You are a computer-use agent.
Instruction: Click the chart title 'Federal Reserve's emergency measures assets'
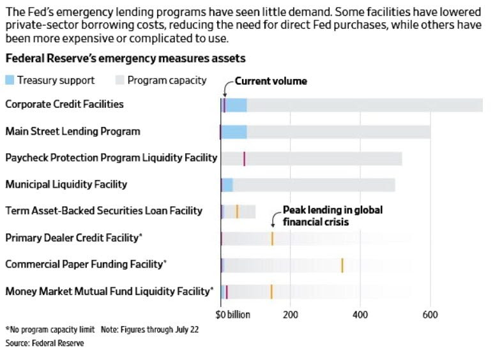tap(126, 58)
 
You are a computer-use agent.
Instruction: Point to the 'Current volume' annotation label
tap(271, 81)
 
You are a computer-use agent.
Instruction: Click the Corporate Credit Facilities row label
tap(65, 104)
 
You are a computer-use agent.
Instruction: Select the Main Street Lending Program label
tap(73, 131)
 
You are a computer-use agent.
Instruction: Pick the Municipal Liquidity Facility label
tap(66, 184)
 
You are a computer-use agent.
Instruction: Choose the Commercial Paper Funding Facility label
tap(86, 264)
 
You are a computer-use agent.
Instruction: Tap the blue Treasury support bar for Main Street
tap(234, 131)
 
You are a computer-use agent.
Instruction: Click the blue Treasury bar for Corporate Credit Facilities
tap(236, 105)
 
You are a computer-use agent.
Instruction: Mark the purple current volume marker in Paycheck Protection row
tap(244, 158)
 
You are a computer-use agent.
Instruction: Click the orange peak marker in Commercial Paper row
tap(342, 265)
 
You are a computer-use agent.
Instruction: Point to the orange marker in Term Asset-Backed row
tap(237, 211)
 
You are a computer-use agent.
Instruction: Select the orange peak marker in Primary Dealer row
tap(272, 238)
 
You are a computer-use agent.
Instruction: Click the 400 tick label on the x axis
tap(360, 315)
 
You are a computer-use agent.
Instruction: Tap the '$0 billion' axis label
tap(234, 315)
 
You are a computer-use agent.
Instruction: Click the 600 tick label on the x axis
tap(430, 315)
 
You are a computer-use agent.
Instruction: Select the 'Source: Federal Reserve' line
tap(45, 343)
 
